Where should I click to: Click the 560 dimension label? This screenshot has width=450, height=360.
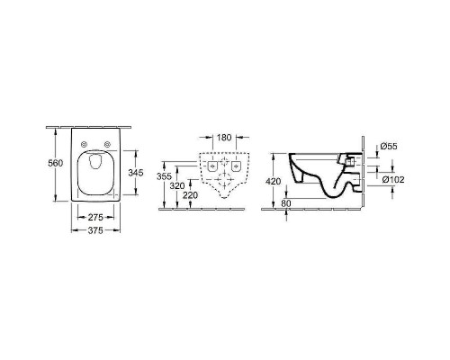pos(56,163)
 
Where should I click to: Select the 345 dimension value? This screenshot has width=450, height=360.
pos(136,173)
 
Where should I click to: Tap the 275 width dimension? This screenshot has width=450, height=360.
pos(95,217)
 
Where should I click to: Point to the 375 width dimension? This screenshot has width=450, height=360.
pos(95,230)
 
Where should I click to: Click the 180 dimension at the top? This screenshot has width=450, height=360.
pos(224,138)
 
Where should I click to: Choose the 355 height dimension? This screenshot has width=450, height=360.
pos(164,176)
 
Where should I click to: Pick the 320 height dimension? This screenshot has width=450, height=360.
pos(177,186)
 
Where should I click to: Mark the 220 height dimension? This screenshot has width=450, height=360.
pos(191,195)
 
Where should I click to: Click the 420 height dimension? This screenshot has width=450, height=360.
pos(274,181)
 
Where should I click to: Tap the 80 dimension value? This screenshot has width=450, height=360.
pos(286,203)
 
